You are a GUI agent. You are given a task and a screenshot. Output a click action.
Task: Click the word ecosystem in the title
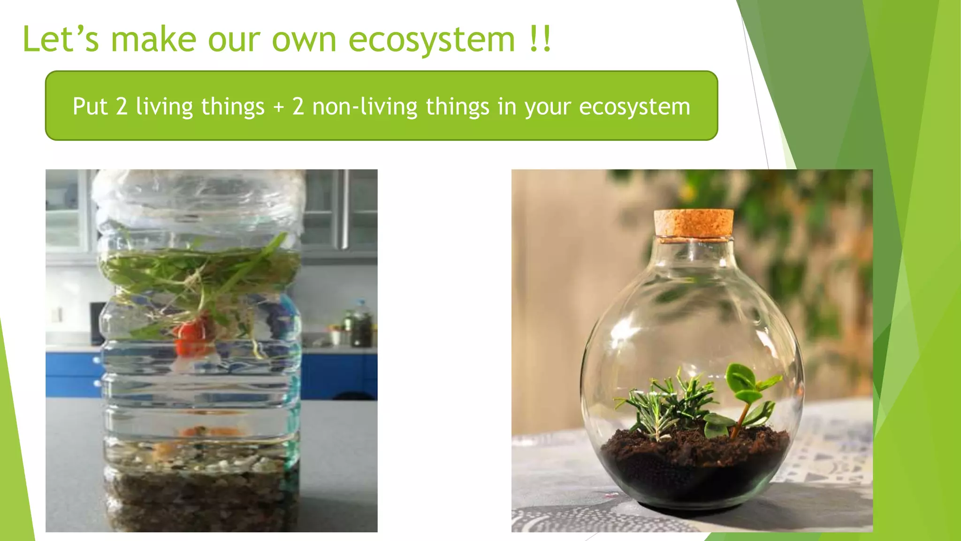click(431, 39)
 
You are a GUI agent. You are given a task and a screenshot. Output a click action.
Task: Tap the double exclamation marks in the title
click(539, 39)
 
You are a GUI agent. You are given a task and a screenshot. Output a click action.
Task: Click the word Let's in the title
click(61, 39)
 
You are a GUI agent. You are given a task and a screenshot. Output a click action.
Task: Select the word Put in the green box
click(90, 107)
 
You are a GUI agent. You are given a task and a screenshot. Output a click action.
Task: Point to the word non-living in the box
click(365, 107)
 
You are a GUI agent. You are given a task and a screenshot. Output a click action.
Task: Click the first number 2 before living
click(122, 107)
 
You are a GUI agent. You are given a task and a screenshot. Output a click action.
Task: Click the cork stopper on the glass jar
click(694, 223)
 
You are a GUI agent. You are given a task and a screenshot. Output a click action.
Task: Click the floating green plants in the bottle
click(197, 272)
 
